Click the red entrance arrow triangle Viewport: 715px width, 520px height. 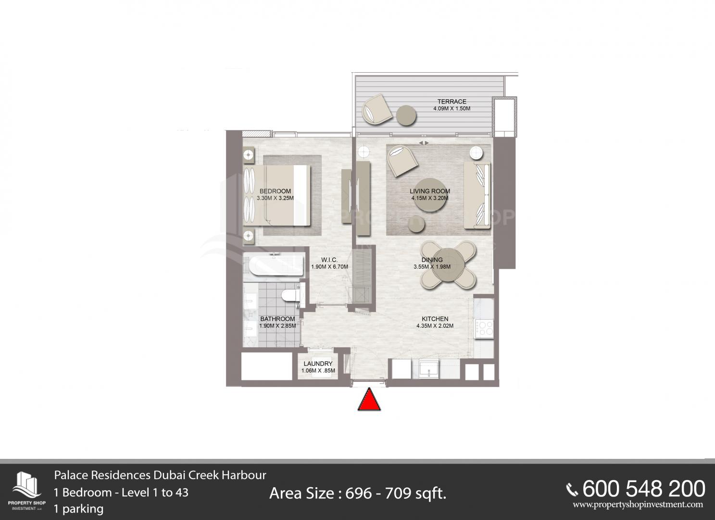(369, 400)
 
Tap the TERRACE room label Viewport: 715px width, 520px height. (452, 101)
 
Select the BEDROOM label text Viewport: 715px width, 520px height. (275, 191)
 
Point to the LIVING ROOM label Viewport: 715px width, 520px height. (430, 191)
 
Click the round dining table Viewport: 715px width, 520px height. (449, 265)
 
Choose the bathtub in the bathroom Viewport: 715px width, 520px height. (276, 264)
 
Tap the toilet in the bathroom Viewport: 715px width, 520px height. (290, 295)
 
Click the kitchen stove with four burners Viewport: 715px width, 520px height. (484, 329)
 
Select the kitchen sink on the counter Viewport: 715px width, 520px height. (429, 369)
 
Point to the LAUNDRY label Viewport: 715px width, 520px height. (318, 364)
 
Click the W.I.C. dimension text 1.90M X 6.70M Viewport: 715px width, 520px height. (329, 267)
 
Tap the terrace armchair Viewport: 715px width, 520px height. (377, 109)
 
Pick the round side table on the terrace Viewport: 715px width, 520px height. (406, 116)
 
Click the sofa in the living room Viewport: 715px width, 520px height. (477, 195)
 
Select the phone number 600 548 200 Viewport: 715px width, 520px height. (643, 489)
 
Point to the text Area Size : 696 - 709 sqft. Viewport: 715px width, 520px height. (358, 494)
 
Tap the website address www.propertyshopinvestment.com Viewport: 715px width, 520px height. (638, 505)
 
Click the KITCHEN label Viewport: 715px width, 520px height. (435, 319)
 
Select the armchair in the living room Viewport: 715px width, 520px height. (402, 161)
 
